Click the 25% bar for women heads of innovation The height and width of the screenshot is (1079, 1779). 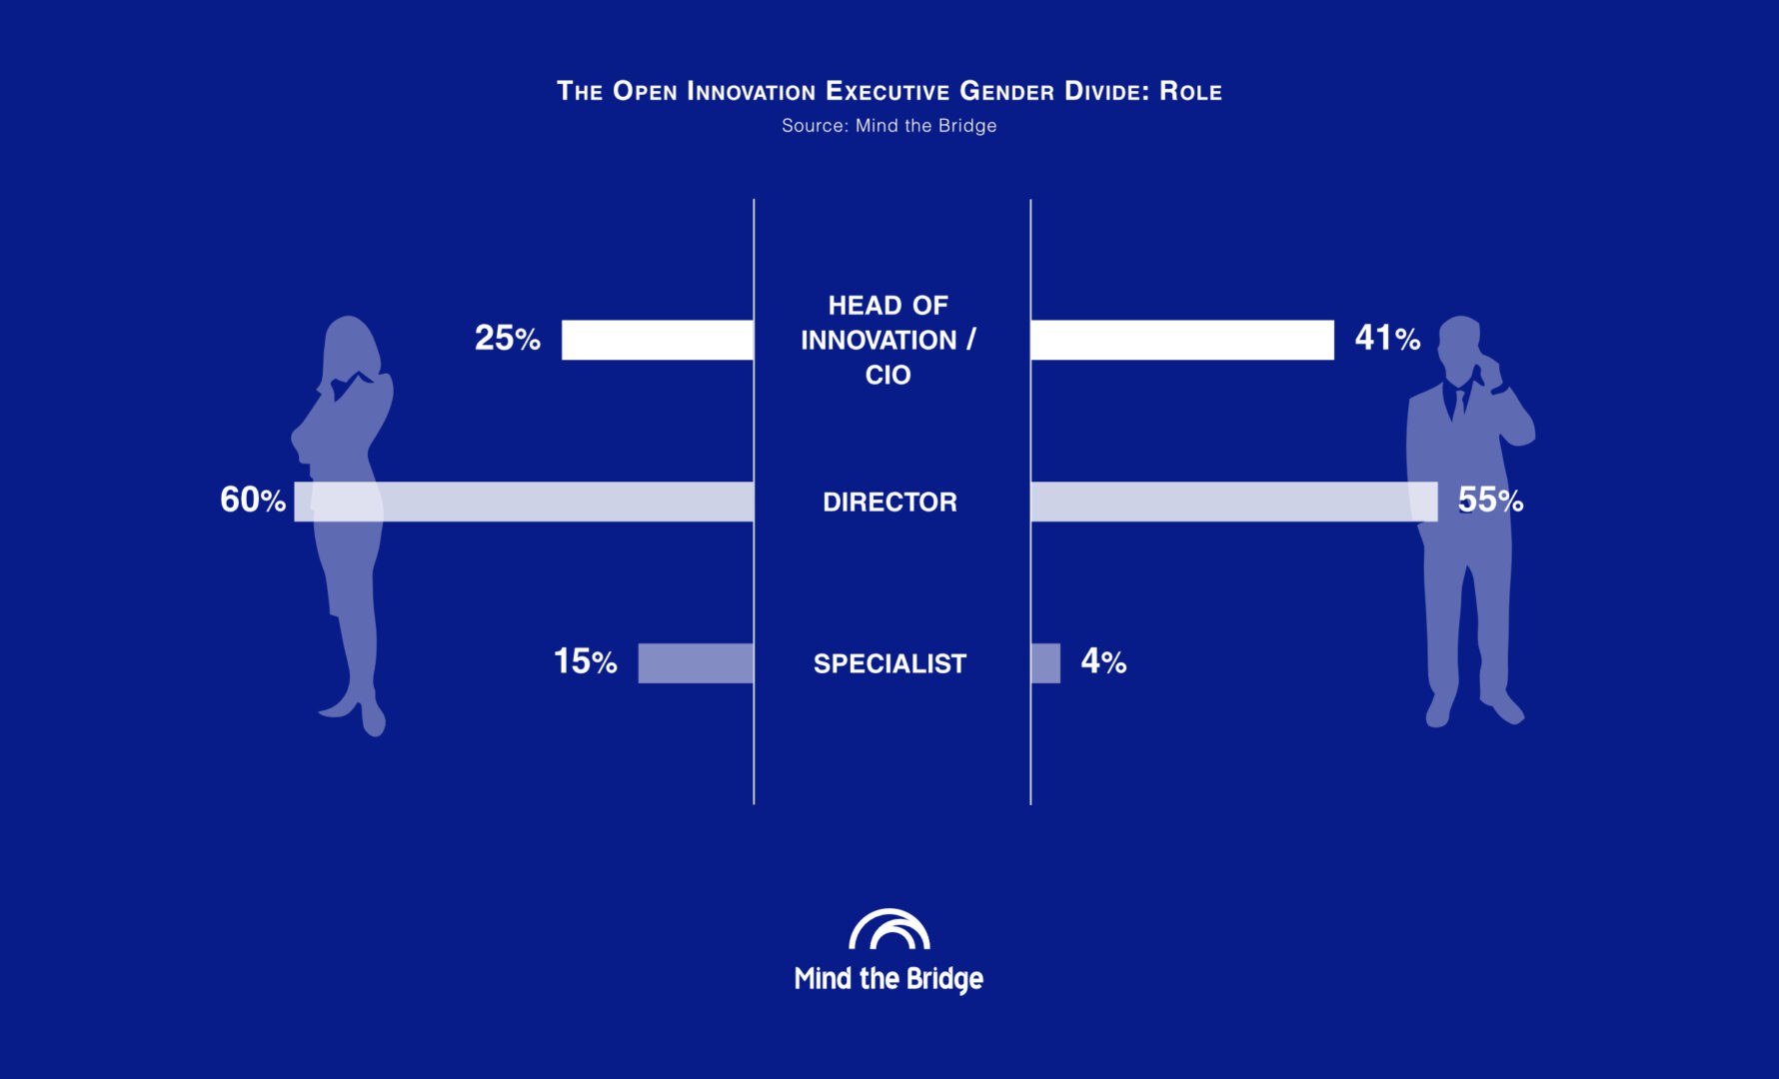[x=658, y=340]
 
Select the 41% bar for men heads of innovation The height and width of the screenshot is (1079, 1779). [x=1182, y=340]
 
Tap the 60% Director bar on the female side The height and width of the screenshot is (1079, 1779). [x=524, y=502]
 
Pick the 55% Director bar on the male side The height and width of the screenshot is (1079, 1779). [x=1234, y=502]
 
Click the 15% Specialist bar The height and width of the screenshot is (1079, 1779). [x=696, y=663]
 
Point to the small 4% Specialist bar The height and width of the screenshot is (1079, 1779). [x=1045, y=663]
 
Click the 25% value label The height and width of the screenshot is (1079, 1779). [x=508, y=339]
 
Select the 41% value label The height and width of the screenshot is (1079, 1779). [x=1387, y=339]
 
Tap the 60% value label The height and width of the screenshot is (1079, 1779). [x=253, y=500]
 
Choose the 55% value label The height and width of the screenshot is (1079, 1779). [x=1490, y=500]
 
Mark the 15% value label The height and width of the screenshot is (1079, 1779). [x=586, y=661]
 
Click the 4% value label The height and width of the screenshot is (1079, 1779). [x=1103, y=661]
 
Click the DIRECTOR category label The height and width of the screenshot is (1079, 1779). [x=889, y=502]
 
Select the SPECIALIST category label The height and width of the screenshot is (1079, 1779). [x=889, y=663]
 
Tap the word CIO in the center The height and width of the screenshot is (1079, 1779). [x=889, y=375]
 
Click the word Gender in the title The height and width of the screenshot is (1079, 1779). [x=1006, y=91]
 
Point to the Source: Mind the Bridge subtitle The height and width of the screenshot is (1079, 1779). [x=889, y=126]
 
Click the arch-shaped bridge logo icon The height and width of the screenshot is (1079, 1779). [x=889, y=929]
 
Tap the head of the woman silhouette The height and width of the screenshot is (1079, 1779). [x=350, y=345]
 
